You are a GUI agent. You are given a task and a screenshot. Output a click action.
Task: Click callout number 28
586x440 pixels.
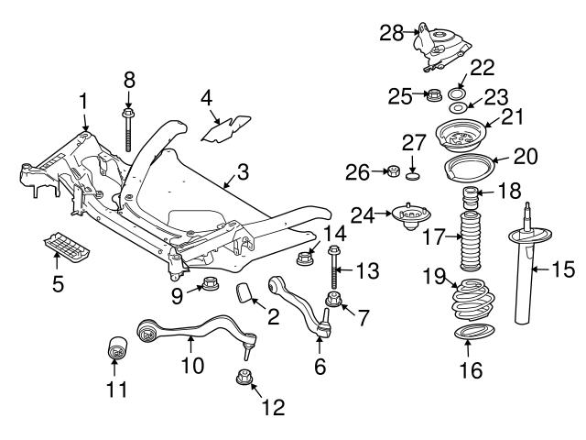point(391,33)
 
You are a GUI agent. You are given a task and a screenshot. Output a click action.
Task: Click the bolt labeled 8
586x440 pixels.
point(128,127)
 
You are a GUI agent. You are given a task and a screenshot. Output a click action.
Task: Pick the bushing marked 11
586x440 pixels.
point(117,349)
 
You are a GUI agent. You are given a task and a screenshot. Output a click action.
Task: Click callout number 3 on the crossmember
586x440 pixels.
point(242,171)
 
